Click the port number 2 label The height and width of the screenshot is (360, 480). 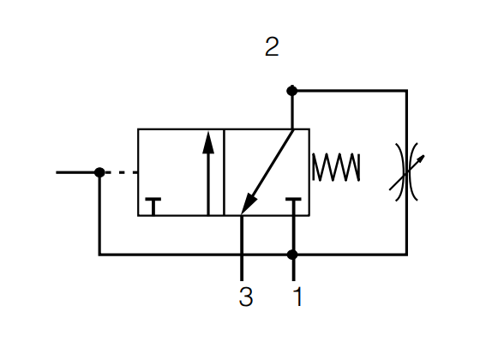point(272,46)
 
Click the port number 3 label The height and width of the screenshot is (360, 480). point(246,297)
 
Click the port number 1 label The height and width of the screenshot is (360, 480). point(297,297)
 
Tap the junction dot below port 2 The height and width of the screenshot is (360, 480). point(292,91)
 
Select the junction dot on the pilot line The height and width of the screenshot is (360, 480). point(99,172)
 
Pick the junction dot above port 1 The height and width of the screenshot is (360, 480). point(292,255)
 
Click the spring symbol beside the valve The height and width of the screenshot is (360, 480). point(336,167)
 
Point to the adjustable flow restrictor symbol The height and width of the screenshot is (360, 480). point(406,172)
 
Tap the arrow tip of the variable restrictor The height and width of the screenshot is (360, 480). point(424,155)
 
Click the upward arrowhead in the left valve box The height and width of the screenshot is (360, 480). point(208,142)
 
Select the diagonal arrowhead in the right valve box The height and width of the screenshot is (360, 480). point(249,203)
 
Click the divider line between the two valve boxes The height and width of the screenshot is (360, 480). point(224,172)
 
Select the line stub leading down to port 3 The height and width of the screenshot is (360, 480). point(242,249)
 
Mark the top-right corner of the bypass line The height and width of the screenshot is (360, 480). point(406,91)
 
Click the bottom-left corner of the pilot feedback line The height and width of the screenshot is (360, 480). point(99,255)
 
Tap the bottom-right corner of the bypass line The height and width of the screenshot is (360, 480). point(406,255)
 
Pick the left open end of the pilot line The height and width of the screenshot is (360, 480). point(57,172)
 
